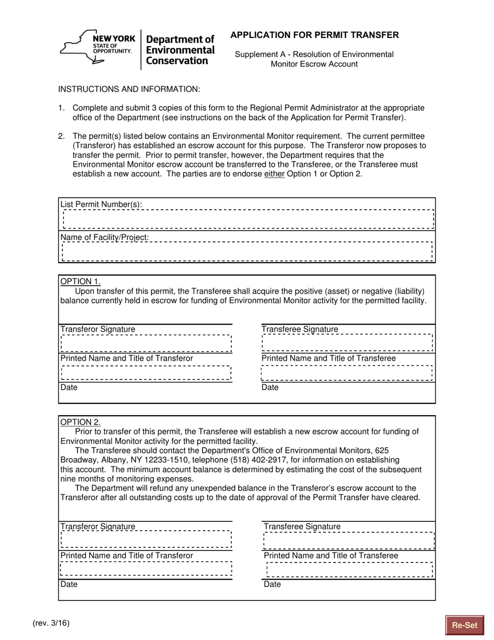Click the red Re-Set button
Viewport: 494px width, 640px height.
tap(464, 625)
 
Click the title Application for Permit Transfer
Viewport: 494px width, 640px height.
tap(315, 35)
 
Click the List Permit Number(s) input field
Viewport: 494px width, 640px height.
tap(248, 219)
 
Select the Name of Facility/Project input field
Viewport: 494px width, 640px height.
tap(247, 251)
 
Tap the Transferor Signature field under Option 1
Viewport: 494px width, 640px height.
tap(146, 343)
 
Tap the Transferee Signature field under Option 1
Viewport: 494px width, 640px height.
tap(347, 343)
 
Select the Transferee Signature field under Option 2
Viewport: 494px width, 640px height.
tap(349, 541)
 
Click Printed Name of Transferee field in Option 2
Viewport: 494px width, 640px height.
tap(349, 570)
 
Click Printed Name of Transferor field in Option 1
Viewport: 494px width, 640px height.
tap(146, 373)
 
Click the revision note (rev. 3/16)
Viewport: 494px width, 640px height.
tap(50, 623)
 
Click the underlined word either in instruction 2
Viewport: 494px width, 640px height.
tap(274, 174)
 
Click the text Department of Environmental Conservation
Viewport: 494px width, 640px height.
tap(180, 50)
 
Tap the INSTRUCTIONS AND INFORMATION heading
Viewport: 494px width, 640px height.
tap(129, 89)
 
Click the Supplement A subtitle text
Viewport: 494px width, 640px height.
tap(314, 59)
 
